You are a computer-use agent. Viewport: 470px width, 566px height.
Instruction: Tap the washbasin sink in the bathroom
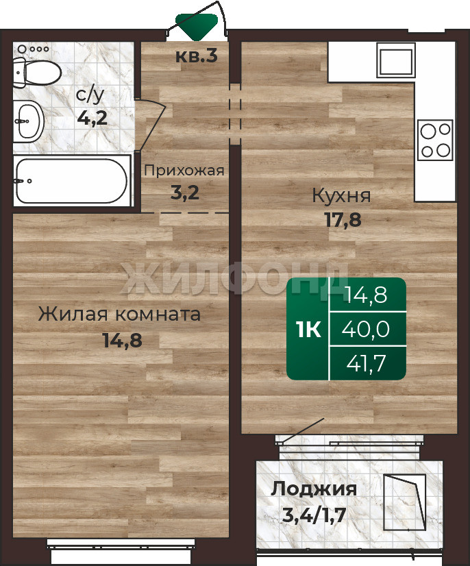[x=29, y=121]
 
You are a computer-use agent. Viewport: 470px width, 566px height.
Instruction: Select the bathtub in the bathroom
[x=72, y=181]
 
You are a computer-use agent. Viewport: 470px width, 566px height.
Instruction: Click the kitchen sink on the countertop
[x=395, y=60]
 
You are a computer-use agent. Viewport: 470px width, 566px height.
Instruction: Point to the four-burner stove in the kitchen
[x=435, y=140]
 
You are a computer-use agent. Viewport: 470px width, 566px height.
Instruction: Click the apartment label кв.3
[x=197, y=56]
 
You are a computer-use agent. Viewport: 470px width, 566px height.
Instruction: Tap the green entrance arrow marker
[x=197, y=26]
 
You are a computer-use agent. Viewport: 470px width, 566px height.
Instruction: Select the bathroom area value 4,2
[x=92, y=118]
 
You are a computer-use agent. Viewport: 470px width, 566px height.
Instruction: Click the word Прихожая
[x=184, y=171]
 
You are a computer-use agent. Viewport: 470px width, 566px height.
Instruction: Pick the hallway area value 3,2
[x=184, y=193]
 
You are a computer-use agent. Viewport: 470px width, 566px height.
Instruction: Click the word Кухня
[x=341, y=196]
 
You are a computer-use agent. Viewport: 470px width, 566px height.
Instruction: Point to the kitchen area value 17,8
[x=343, y=219]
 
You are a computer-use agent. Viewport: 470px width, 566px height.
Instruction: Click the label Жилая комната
[x=119, y=314]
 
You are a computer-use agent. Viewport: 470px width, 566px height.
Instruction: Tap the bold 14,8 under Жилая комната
[x=123, y=340]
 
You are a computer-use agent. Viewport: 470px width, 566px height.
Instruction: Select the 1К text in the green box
[x=308, y=329]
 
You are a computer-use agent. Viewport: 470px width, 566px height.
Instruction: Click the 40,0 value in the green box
[x=366, y=329]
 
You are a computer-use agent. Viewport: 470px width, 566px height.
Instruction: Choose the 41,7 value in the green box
[x=367, y=362]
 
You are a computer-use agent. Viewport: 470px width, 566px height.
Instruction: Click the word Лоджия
[x=314, y=489]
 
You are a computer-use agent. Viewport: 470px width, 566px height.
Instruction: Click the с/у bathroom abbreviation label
[x=90, y=95]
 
